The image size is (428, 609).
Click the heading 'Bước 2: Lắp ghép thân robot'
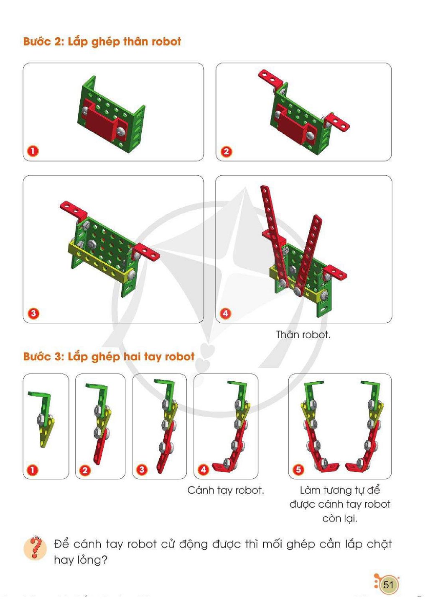pos(102,42)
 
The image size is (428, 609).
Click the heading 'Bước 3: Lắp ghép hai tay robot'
pos(109,357)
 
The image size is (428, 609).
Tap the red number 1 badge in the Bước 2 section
pos(33,151)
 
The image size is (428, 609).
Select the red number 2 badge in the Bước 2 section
pos(226,151)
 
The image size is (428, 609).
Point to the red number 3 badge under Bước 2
pos(33,313)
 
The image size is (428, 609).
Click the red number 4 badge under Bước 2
pos(225,313)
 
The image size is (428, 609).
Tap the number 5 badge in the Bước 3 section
pos(298,469)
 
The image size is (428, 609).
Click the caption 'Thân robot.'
pos(303,334)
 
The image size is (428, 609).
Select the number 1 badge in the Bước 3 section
pos(32,470)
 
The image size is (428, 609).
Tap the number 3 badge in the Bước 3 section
pos(142,469)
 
